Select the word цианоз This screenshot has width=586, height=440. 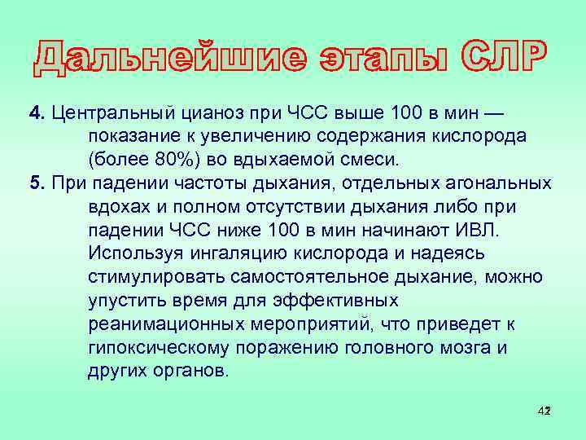pyautogui.click(x=200, y=112)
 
